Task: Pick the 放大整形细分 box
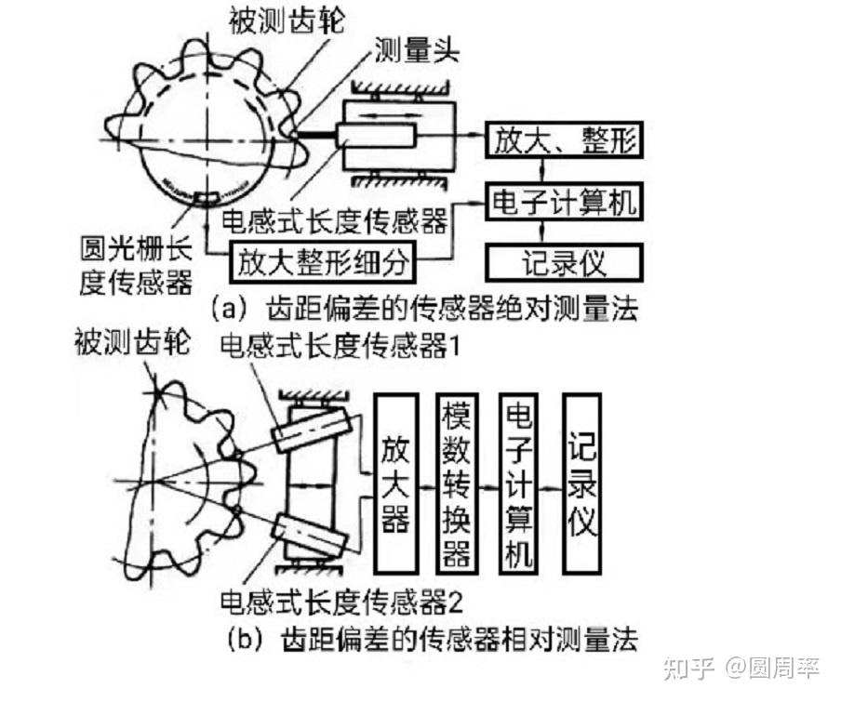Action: point(323,263)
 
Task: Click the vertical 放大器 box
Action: point(394,481)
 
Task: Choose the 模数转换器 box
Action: point(456,481)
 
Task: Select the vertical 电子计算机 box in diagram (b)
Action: point(517,481)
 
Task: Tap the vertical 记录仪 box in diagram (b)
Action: point(582,481)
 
